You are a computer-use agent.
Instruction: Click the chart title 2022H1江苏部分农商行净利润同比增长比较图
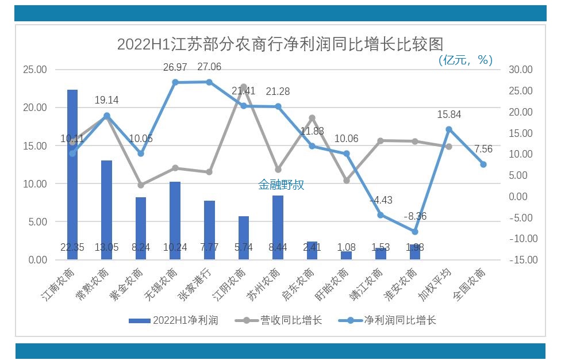(x=280, y=44)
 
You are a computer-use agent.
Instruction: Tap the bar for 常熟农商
(x=106, y=210)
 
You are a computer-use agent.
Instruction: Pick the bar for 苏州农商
(x=278, y=227)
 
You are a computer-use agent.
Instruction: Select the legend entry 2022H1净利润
(x=173, y=320)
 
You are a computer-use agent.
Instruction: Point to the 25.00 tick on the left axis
(x=34, y=70)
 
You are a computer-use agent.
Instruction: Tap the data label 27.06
(x=209, y=67)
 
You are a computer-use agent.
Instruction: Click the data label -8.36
(x=415, y=217)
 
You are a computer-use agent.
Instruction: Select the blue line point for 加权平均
(x=449, y=130)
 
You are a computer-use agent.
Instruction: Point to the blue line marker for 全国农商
(x=483, y=164)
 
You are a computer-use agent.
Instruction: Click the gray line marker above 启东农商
(x=312, y=118)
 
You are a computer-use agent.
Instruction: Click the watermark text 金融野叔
(x=280, y=185)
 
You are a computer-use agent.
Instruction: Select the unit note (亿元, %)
(x=465, y=60)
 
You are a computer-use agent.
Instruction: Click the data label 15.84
(x=449, y=115)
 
